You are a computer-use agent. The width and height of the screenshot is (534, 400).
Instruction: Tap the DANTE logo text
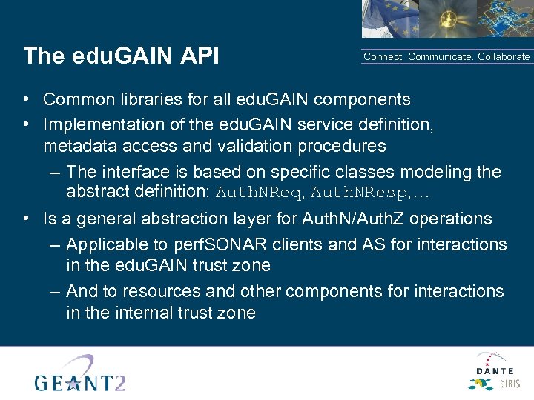494,370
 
